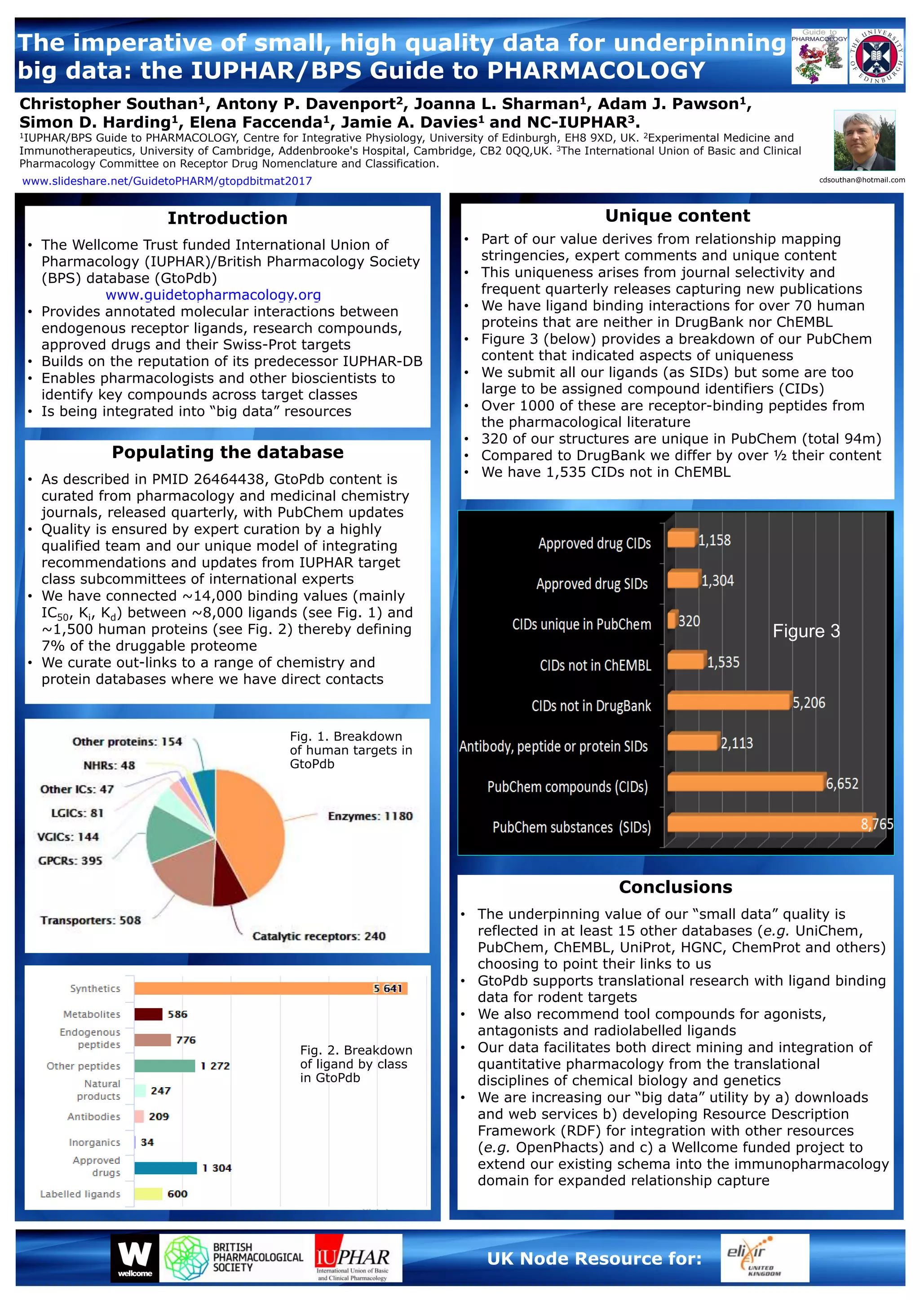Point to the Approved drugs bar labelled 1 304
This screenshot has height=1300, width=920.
[165, 1168]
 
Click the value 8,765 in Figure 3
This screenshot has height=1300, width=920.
[876, 824]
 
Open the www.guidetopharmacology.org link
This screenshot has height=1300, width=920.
[213, 295]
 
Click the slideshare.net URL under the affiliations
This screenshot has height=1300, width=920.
[167, 181]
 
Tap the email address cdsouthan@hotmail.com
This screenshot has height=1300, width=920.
[862, 180]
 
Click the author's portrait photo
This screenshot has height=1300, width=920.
[864, 141]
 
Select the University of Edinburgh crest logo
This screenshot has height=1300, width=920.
[876, 56]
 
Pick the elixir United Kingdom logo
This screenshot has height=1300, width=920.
[764, 1257]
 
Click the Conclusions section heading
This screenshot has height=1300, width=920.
[675, 887]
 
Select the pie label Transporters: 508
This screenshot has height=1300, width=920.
[91, 920]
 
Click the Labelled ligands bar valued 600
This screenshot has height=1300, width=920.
[148, 1194]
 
